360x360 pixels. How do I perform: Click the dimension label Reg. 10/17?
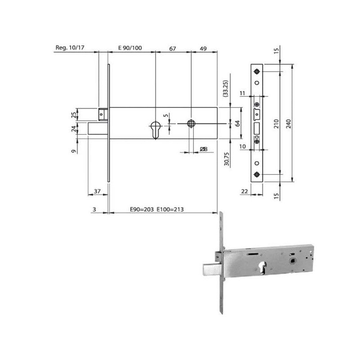tap(70, 48)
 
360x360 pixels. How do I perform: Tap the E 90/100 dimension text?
tap(130, 48)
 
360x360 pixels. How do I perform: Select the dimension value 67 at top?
tap(172, 49)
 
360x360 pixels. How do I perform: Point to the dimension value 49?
tap(203, 49)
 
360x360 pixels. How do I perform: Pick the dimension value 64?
tap(238, 123)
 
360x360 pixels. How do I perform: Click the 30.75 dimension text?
tap(227, 159)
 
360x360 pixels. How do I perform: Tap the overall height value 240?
tap(288, 124)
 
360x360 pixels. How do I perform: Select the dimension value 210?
tap(276, 124)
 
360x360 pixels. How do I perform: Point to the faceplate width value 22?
tap(245, 191)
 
